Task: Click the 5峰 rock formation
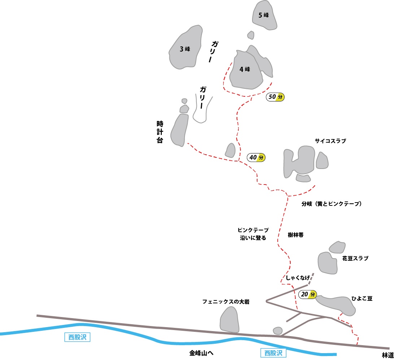pyautogui.click(x=265, y=15)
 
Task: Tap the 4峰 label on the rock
pyautogui.click(x=245, y=69)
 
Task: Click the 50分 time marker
pyautogui.click(x=276, y=97)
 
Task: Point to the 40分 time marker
pyautogui.click(x=256, y=157)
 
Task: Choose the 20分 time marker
pyautogui.click(x=308, y=294)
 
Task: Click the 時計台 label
pyautogui.click(x=160, y=132)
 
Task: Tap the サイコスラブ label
pyautogui.click(x=330, y=141)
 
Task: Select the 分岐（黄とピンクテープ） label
pyautogui.click(x=332, y=204)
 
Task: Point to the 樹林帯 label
pyautogui.click(x=296, y=235)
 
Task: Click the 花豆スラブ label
pyautogui.click(x=355, y=259)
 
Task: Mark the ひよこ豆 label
pyautogui.click(x=362, y=299)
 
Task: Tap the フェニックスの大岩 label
pyautogui.click(x=226, y=302)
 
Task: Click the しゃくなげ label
pyautogui.click(x=298, y=278)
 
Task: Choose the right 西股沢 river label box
pyautogui.click(x=273, y=353)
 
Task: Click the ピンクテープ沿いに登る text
pyautogui.click(x=253, y=234)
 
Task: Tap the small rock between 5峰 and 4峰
pyautogui.click(x=251, y=35)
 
